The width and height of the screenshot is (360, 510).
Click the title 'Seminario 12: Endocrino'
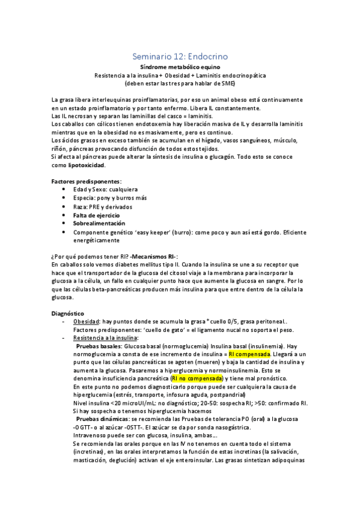180,56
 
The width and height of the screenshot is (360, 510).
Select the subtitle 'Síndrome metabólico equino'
180,67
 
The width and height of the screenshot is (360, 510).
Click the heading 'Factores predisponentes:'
86,181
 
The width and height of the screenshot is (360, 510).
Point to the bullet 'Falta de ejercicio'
96,215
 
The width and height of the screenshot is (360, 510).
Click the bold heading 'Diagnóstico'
67,313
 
